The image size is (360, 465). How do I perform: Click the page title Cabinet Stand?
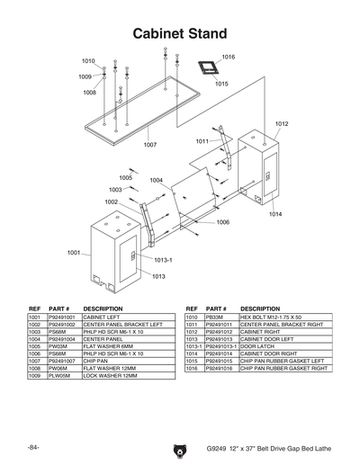click(179, 33)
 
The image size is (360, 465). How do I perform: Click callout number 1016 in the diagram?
click(228, 57)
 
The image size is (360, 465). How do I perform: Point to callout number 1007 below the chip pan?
click(149, 144)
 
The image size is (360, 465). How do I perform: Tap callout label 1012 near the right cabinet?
click(281, 123)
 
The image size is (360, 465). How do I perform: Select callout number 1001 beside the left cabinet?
click(74, 253)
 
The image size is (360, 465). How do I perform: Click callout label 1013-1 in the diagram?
click(162, 260)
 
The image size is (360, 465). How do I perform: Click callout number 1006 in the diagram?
click(222, 221)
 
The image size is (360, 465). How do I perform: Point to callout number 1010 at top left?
click(88, 60)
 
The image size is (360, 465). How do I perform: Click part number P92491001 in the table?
click(64, 317)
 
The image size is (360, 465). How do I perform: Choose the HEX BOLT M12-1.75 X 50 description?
click(269, 317)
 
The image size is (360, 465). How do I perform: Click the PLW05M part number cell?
click(58, 375)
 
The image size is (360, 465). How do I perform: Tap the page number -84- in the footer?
click(33, 446)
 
